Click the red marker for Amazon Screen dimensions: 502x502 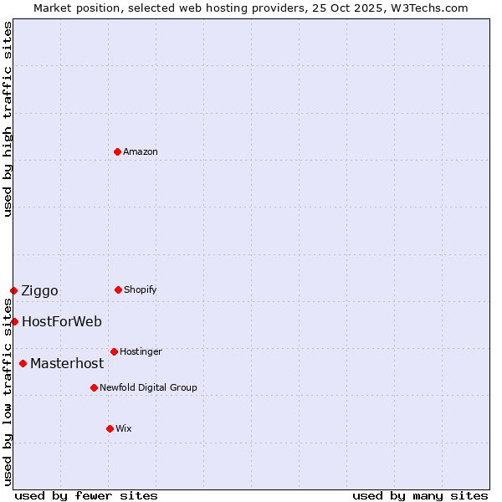(x=118, y=151)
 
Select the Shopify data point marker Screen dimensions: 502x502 (x=118, y=289)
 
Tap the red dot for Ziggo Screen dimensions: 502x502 (x=13, y=290)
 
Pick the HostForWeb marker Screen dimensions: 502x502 (x=14, y=321)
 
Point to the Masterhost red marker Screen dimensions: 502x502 (x=23, y=363)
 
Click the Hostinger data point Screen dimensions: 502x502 (x=114, y=351)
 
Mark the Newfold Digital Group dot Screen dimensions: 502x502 (x=94, y=387)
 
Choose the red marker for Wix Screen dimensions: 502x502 (x=110, y=428)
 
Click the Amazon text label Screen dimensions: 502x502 (x=141, y=151)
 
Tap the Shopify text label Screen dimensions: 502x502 (x=141, y=289)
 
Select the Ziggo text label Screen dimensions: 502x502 (x=40, y=290)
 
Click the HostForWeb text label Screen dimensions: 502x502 (x=62, y=321)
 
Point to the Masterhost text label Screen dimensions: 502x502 (x=67, y=363)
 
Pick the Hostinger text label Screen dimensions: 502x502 (x=141, y=351)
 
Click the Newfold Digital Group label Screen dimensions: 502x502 (x=148, y=387)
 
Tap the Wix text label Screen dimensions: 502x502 (x=124, y=428)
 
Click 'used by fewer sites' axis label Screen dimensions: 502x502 (x=86, y=495)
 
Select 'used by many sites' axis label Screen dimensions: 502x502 (x=420, y=495)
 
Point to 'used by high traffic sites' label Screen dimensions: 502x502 (x=8, y=119)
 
